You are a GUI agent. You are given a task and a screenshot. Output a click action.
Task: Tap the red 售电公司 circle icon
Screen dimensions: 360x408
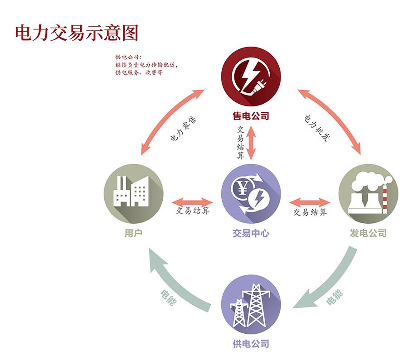tap(251, 77)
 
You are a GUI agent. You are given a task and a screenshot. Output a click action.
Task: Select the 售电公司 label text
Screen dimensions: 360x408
tap(251, 116)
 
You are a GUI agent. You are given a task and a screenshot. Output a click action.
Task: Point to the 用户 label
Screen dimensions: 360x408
tap(133, 234)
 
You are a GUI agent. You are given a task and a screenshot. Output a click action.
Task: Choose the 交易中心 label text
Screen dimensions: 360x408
tap(251, 234)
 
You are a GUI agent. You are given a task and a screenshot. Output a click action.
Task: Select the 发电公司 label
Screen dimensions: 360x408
tap(368, 234)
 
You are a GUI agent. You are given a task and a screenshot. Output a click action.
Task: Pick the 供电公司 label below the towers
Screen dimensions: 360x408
tap(251, 343)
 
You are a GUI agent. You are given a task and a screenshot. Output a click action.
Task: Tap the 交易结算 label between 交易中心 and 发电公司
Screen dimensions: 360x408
tap(310, 212)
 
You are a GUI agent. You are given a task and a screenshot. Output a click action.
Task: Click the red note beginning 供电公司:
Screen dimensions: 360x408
tap(146, 65)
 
